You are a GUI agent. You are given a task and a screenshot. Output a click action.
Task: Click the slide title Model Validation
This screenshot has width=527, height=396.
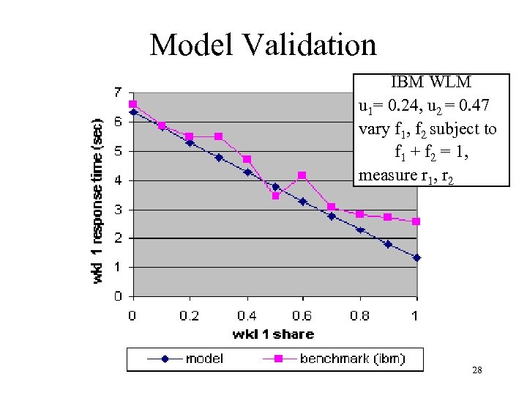coord(263,45)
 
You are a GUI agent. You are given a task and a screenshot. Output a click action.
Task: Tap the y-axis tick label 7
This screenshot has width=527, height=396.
coord(118,92)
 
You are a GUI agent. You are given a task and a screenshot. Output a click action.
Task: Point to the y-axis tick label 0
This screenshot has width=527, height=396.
coord(118,297)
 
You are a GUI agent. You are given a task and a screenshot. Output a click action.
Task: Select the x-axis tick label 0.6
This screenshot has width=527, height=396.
coord(302,315)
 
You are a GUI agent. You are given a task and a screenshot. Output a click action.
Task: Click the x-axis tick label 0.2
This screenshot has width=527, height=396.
coord(189,315)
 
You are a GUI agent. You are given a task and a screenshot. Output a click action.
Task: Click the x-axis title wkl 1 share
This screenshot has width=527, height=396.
coord(273,334)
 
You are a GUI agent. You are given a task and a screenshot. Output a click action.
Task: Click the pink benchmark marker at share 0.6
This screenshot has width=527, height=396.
coord(302,175)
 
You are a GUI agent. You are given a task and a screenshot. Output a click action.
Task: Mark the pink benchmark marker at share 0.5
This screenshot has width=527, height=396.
coord(275,196)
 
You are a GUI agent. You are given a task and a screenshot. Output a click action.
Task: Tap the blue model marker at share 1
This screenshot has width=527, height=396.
coord(416,257)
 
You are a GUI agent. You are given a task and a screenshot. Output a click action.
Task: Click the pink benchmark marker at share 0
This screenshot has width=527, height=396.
coord(132,104)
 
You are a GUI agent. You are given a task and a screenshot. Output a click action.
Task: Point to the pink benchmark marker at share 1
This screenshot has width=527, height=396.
coord(416,221)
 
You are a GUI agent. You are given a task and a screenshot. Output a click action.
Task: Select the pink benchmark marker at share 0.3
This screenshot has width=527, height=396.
coord(218,136)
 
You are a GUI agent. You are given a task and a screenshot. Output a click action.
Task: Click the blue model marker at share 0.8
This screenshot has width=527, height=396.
coord(359,230)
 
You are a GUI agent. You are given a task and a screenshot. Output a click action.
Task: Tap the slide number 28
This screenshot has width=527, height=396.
coord(476,371)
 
